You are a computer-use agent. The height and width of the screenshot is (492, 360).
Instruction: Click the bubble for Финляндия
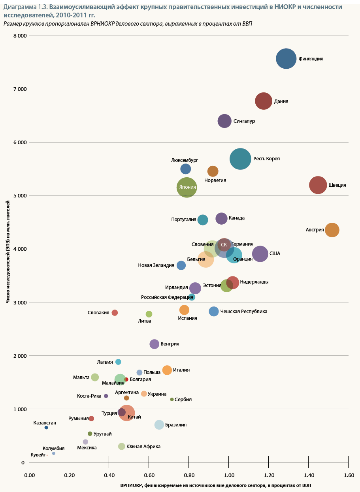coord(286,59)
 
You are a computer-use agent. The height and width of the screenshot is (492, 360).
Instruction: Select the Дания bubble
coord(264,101)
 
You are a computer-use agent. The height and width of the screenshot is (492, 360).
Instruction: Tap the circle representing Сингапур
coord(224,121)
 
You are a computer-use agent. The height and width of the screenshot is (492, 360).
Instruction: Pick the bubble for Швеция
coord(318,185)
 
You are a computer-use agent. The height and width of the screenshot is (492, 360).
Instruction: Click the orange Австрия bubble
coord(332,230)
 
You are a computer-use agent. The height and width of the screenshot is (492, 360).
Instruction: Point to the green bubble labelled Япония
coord(187,188)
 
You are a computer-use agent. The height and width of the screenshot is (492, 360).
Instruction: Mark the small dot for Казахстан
coord(46,428)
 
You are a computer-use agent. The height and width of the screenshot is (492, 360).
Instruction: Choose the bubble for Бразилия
coord(159,425)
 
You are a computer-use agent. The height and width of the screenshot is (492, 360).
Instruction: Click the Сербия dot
coord(172,400)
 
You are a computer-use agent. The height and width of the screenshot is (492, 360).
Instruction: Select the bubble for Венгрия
coord(155,344)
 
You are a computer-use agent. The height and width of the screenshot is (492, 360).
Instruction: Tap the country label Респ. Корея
coord(267,159)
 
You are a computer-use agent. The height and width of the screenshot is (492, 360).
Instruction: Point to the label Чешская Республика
coord(243,312)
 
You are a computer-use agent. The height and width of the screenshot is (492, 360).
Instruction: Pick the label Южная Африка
coord(143,447)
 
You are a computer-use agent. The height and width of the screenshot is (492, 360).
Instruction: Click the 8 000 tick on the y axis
coord(20,36)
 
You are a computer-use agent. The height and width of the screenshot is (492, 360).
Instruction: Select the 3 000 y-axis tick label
coord(20,302)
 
